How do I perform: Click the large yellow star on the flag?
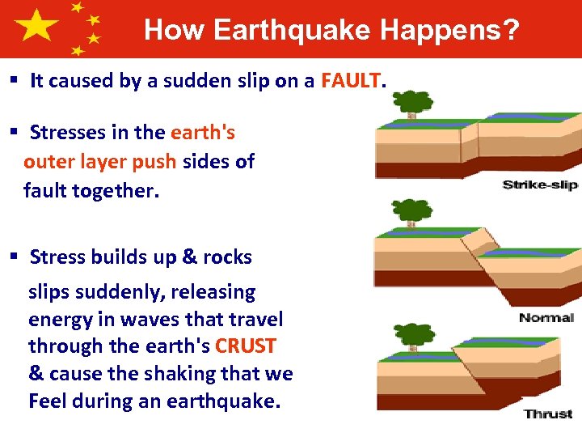36,26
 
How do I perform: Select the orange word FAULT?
351,80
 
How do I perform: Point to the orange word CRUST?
246,346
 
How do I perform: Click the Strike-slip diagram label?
540,185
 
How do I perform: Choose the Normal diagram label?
546,317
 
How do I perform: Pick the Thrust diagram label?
548,414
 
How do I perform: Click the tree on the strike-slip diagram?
413,104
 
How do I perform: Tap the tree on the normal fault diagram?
413,212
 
